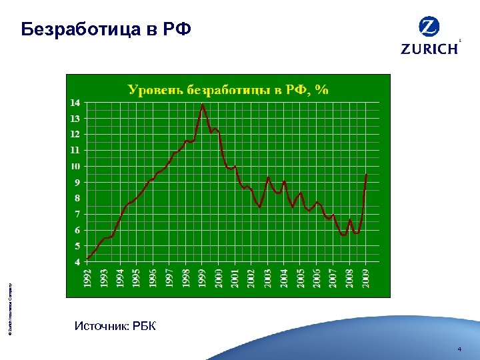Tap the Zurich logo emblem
[x=429, y=27]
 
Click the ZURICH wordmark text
[x=429, y=49]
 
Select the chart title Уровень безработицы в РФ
[x=228, y=89]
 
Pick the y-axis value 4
[x=78, y=261]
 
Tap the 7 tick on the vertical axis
[x=78, y=214]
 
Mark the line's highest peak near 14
[x=203, y=105]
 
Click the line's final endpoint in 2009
[x=366, y=174]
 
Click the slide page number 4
[x=459, y=350]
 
